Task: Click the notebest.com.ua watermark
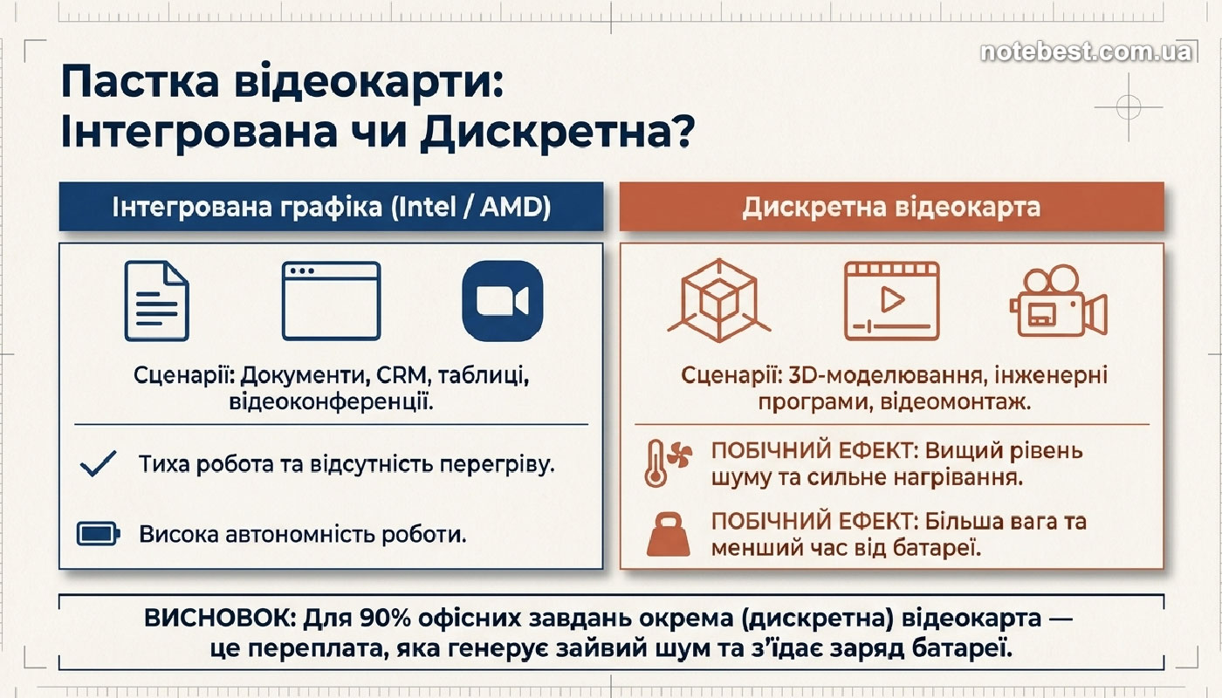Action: pos(1086,52)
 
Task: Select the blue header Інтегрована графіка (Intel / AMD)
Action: pos(331,207)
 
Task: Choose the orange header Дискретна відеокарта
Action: pos(891,207)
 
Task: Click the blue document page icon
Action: pos(156,301)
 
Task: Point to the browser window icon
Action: pos(331,301)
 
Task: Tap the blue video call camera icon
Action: pos(503,301)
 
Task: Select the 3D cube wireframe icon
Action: pos(719,300)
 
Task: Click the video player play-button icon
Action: pos(891,301)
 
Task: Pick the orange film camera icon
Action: pos(1058,301)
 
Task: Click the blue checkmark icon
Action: pos(98,464)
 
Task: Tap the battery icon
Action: pos(98,534)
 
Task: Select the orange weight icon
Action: pos(669,534)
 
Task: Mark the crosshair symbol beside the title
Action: pos(1129,106)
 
